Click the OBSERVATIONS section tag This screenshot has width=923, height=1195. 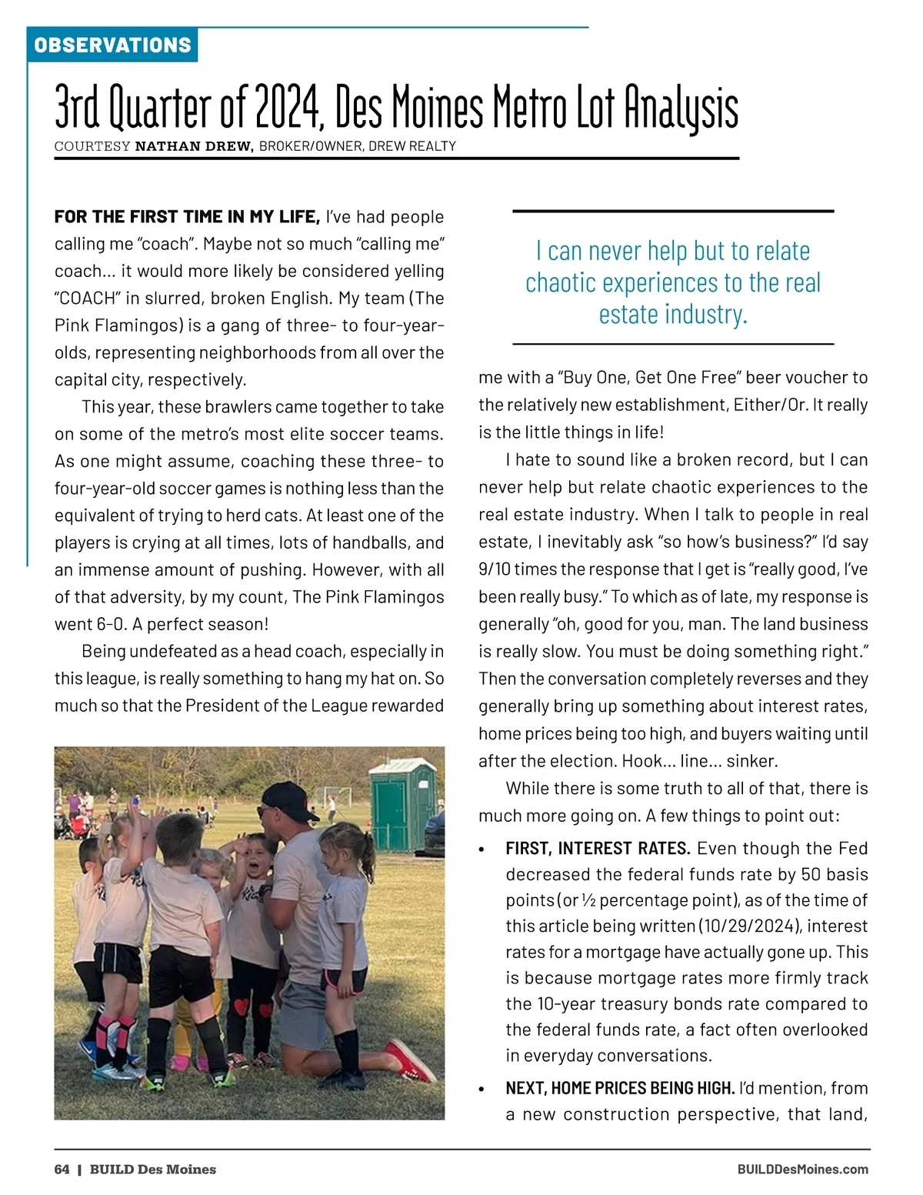[112, 45]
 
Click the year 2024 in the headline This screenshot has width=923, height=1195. [286, 108]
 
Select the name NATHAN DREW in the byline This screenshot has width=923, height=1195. [194, 146]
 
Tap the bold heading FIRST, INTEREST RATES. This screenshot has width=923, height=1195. [597, 848]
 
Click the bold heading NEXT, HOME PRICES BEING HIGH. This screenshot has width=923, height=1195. [619, 1088]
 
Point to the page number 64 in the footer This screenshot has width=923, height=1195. [62, 1170]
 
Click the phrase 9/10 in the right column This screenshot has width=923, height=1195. [494, 569]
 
